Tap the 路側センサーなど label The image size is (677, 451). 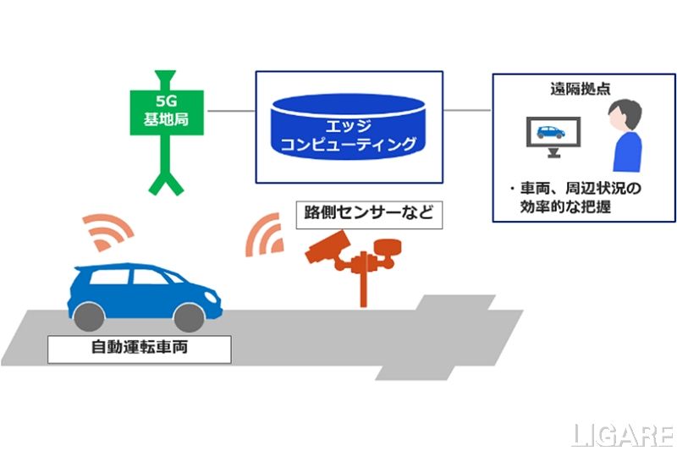point(368,212)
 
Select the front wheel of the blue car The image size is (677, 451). point(188,315)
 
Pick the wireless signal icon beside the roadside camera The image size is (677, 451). point(264,234)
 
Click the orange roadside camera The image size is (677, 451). point(325,250)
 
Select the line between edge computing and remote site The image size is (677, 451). point(466,111)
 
